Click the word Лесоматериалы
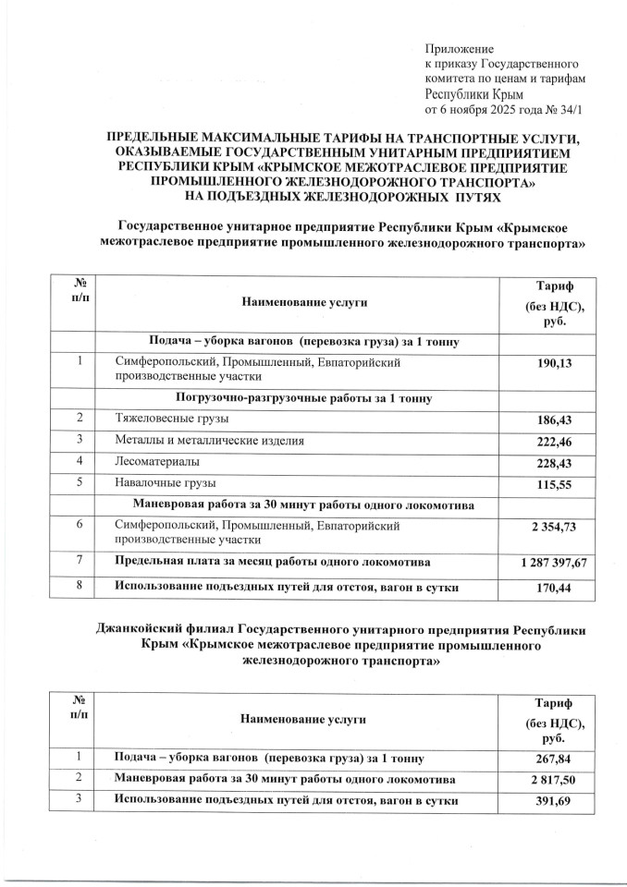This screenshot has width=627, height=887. point(155,461)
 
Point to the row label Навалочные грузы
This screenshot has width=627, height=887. point(165,482)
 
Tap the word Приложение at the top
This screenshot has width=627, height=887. point(460,48)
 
